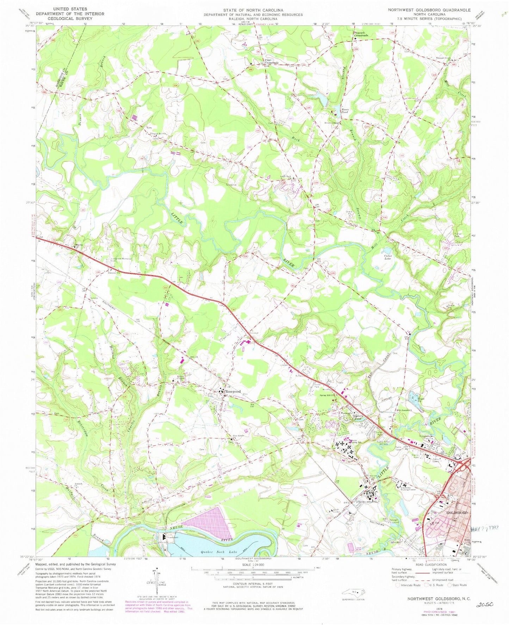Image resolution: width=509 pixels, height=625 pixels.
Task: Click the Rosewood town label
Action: click(x=233, y=391)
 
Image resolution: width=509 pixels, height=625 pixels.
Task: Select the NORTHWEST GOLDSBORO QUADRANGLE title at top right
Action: click(x=429, y=10)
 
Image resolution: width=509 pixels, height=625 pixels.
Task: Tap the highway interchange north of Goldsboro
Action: click(x=466, y=464)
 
